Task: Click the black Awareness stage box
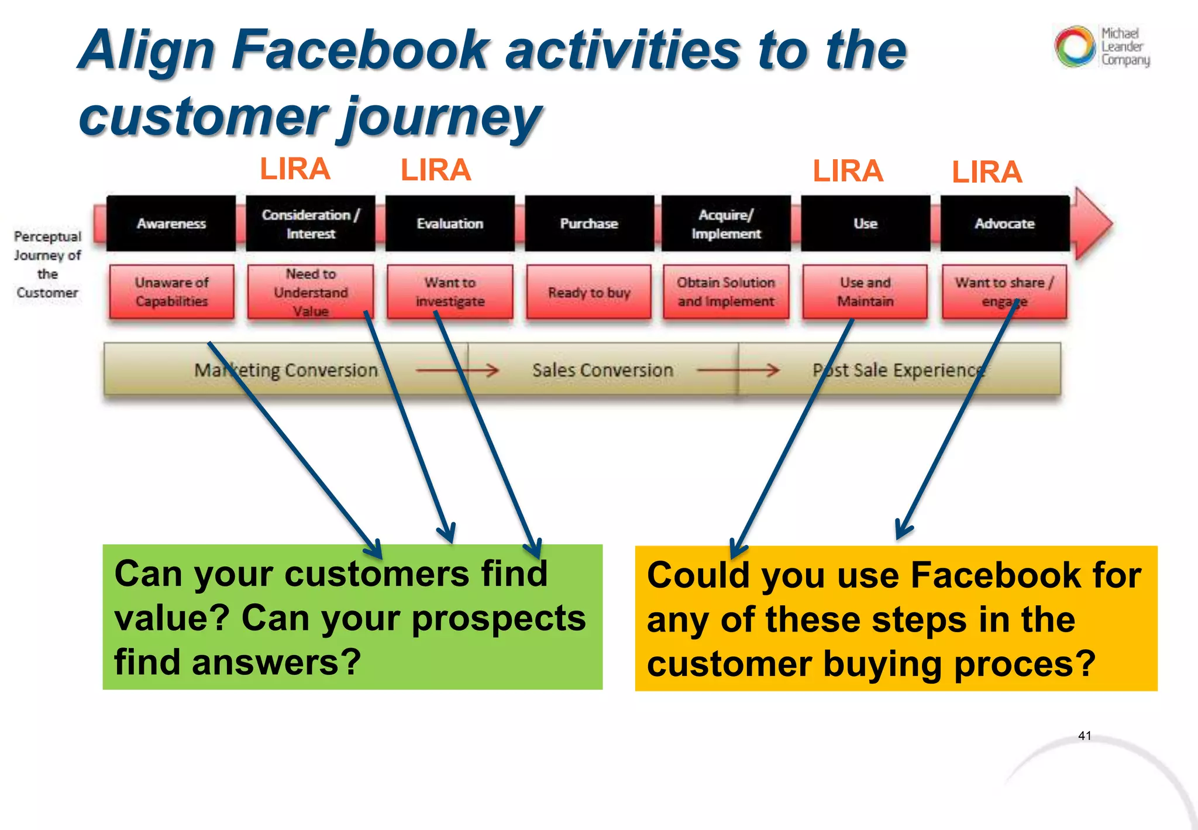click(171, 224)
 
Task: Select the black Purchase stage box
click(589, 224)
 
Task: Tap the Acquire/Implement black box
click(726, 224)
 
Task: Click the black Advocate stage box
click(1004, 224)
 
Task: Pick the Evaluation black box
click(450, 224)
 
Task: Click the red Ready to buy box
click(589, 292)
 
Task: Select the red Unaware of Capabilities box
click(171, 291)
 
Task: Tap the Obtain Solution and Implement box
click(726, 291)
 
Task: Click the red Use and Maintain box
click(865, 291)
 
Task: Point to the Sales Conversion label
click(603, 370)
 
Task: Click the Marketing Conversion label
click(286, 370)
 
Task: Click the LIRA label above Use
click(848, 172)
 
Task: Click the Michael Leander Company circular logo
click(1075, 46)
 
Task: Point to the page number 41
click(1085, 736)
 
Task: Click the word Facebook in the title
click(359, 50)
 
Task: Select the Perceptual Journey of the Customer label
click(47, 264)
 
